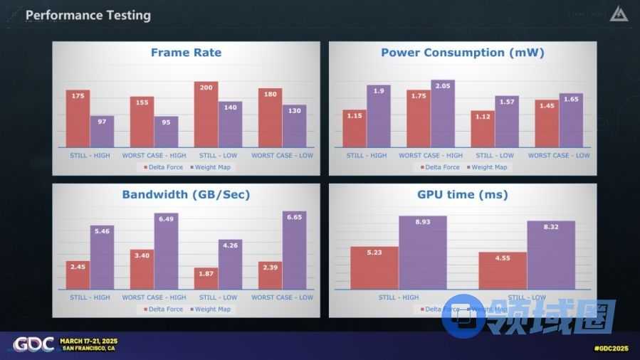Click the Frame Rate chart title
coord(186,53)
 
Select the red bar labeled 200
coord(206,115)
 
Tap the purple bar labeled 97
coord(102,132)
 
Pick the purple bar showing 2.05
coord(442,114)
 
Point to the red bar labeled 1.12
coord(482,129)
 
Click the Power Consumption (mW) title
coord(463,53)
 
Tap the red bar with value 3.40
coord(142,270)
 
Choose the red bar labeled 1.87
coord(206,278)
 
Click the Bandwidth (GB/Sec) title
coord(186,194)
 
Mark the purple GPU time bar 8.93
coord(422,253)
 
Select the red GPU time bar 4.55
coord(503,270)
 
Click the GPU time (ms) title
coord(463,194)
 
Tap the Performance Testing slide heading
coord(88,15)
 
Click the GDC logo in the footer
coord(33,344)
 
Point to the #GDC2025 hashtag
coord(610,348)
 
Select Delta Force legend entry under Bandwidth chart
coord(164,309)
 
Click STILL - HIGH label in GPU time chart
coord(398,297)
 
